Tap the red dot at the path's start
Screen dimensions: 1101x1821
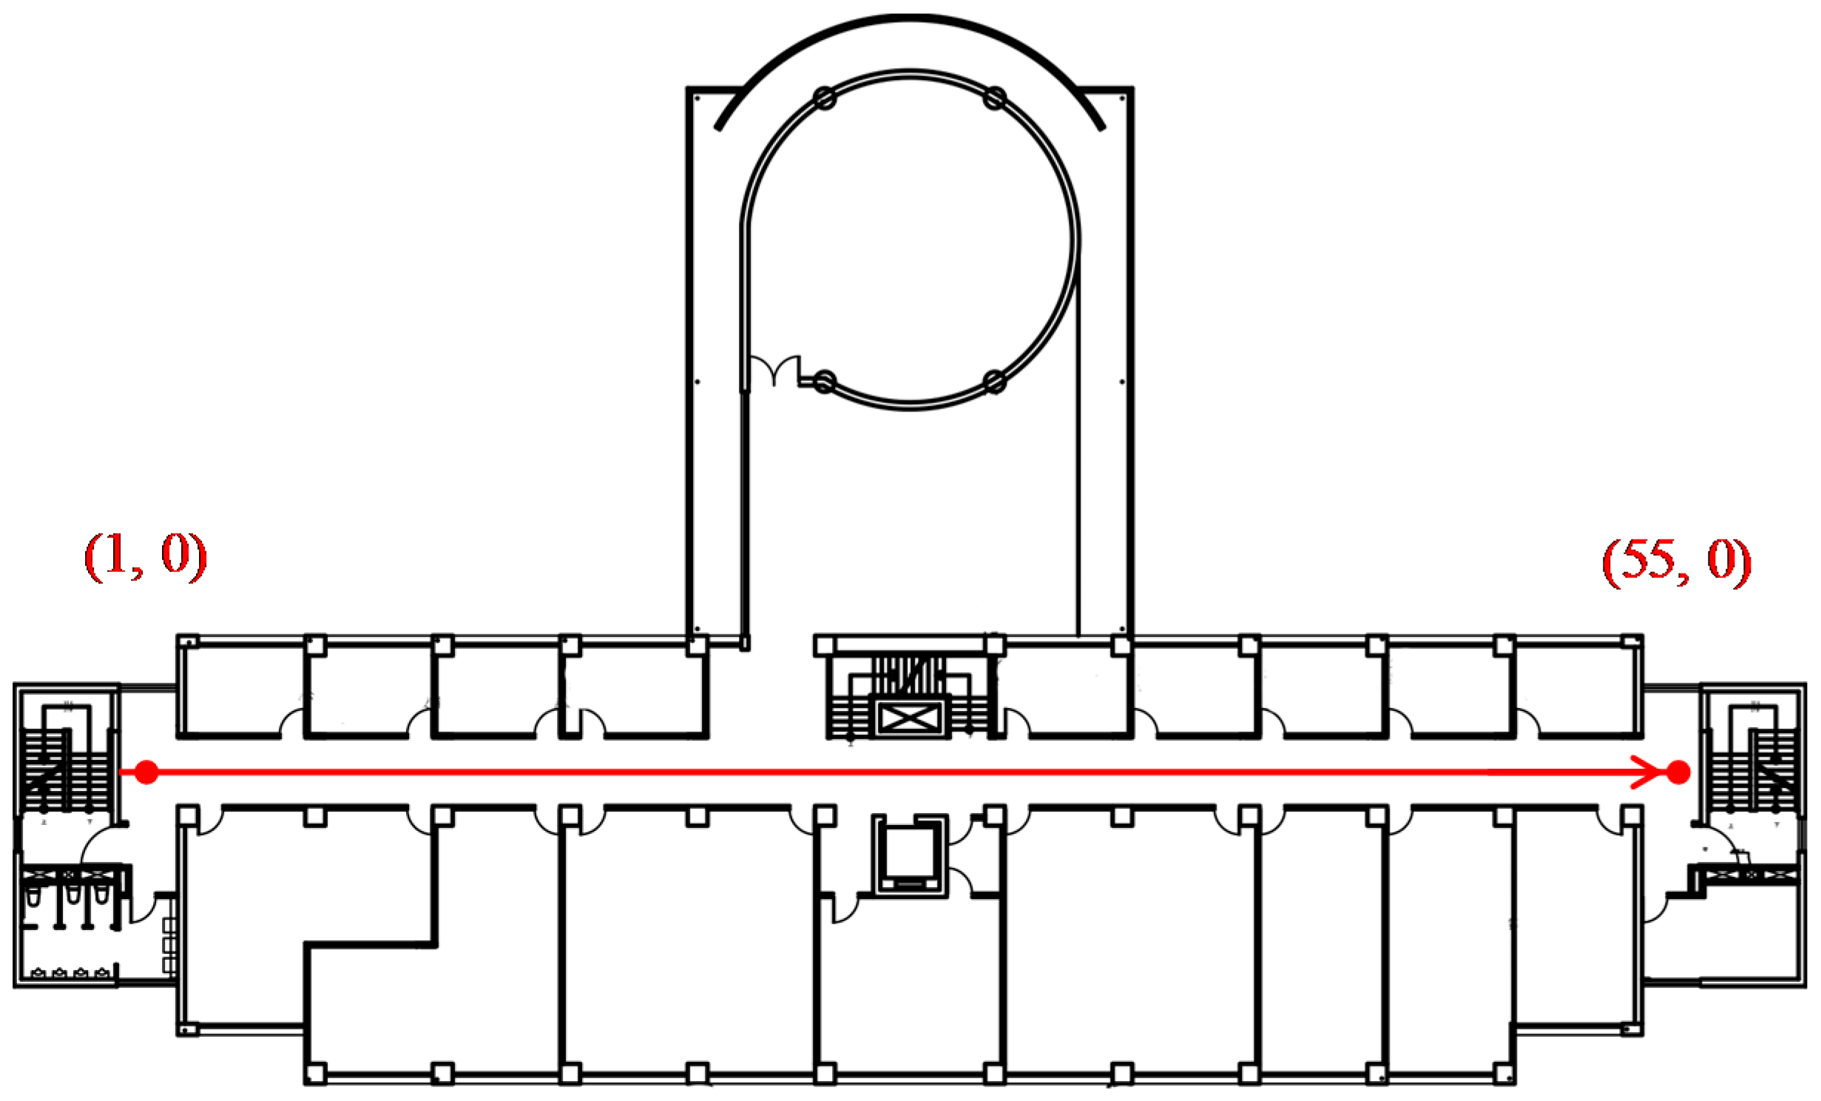click(146, 772)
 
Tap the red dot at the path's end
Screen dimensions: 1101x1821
click(1678, 772)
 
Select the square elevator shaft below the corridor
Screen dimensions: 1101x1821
click(910, 855)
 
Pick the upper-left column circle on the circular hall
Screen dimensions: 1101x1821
click(824, 98)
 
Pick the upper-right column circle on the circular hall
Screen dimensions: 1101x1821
click(995, 98)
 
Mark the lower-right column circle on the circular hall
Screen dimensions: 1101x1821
click(995, 382)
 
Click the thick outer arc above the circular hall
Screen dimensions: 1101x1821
click(910, 18)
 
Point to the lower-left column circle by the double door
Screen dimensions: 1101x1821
click(824, 382)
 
